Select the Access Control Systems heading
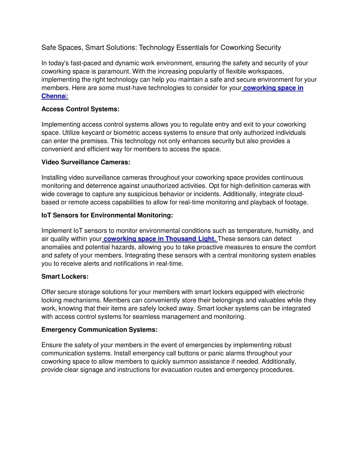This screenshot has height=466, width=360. pyautogui.click(x=80, y=109)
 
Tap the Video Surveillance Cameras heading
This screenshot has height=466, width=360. pyautogui.click(x=86, y=162)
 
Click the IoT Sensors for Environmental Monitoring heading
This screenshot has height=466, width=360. pyautogui.click(x=107, y=215)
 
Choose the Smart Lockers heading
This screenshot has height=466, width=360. pyautogui.click(x=65, y=276)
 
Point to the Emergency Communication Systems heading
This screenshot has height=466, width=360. pyautogui.click(x=99, y=330)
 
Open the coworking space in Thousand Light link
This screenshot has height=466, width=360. pyautogui.click(x=160, y=239)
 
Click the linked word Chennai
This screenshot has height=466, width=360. pyautogui.click(x=54, y=96)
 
